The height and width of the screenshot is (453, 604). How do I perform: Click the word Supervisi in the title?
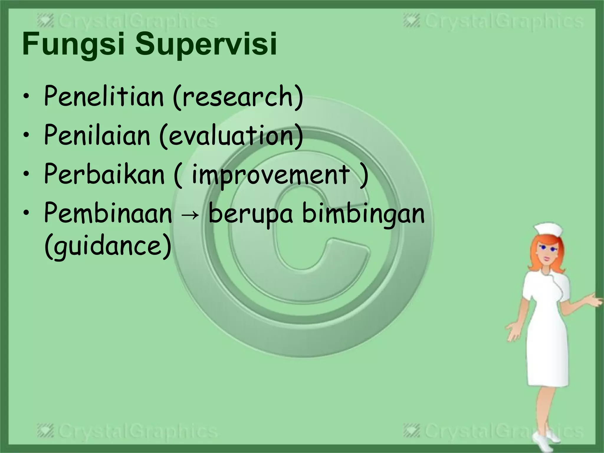[x=206, y=45]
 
